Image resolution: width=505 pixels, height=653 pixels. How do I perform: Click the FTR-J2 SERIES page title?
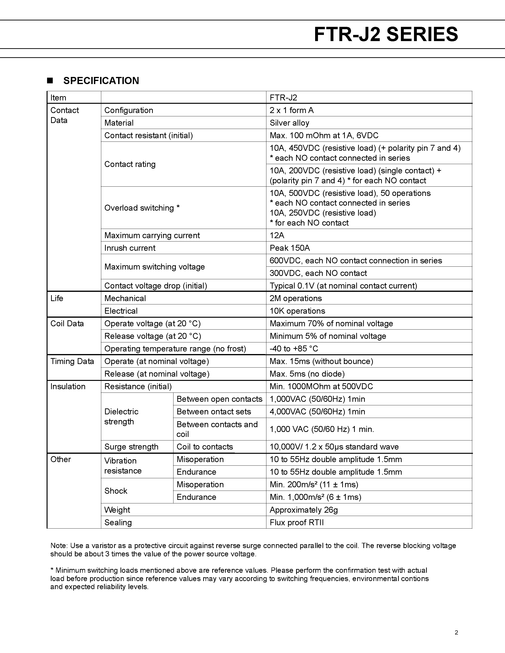(386, 34)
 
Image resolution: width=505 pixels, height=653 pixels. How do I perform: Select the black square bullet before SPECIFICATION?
(50, 81)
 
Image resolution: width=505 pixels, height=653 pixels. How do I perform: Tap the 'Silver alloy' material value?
(289, 123)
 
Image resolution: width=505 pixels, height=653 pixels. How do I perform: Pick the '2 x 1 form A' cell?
(291, 110)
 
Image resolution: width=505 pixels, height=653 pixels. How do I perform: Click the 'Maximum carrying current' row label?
(152, 235)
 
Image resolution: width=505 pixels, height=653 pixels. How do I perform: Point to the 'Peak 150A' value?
(290, 248)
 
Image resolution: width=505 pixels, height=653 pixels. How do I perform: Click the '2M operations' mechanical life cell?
(296, 298)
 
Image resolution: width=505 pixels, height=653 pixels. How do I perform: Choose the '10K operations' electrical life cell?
(297, 311)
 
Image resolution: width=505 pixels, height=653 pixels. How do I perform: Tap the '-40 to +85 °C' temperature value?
(293, 349)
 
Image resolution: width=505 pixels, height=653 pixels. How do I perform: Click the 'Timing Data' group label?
(72, 361)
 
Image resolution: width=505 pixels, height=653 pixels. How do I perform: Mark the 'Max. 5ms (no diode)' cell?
(307, 374)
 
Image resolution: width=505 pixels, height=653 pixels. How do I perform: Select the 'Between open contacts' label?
(219, 399)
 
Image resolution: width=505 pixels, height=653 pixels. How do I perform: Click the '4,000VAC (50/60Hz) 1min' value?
(317, 412)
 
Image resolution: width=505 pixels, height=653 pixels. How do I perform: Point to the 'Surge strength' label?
(131, 447)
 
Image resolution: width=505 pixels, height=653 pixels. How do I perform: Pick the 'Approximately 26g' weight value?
(303, 510)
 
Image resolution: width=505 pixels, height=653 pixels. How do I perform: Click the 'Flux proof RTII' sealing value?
(297, 522)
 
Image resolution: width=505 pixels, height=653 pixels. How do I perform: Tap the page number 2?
(456, 632)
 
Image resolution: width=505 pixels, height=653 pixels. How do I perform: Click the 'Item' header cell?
(58, 98)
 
